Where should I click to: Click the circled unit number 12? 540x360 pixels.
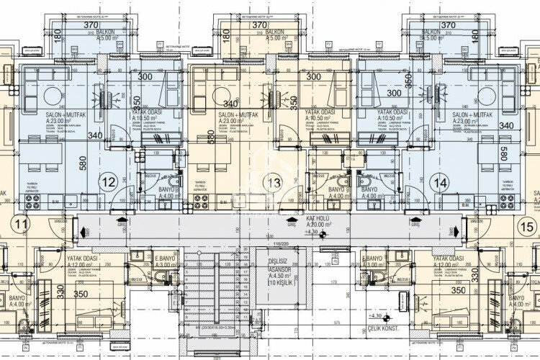pyautogui.click(x=109, y=183)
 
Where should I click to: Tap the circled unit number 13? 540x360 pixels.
pyautogui.click(x=273, y=183)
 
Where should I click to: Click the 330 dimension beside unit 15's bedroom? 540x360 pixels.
pyautogui.click(x=474, y=274)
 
